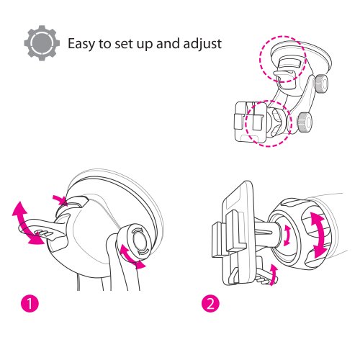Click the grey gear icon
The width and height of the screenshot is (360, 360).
point(42,43)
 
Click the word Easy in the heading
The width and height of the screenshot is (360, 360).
point(81,44)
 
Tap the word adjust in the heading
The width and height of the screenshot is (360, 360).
point(202,44)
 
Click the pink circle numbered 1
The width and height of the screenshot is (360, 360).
point(30,303)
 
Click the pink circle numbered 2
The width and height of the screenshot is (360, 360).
point(210,304)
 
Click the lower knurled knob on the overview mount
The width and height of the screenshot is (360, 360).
point(305,122)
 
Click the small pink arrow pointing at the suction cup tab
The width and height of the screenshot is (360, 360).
point(60,200)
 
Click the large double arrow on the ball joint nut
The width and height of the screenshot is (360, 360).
point(318,235)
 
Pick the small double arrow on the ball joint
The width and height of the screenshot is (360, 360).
point(287,235)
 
